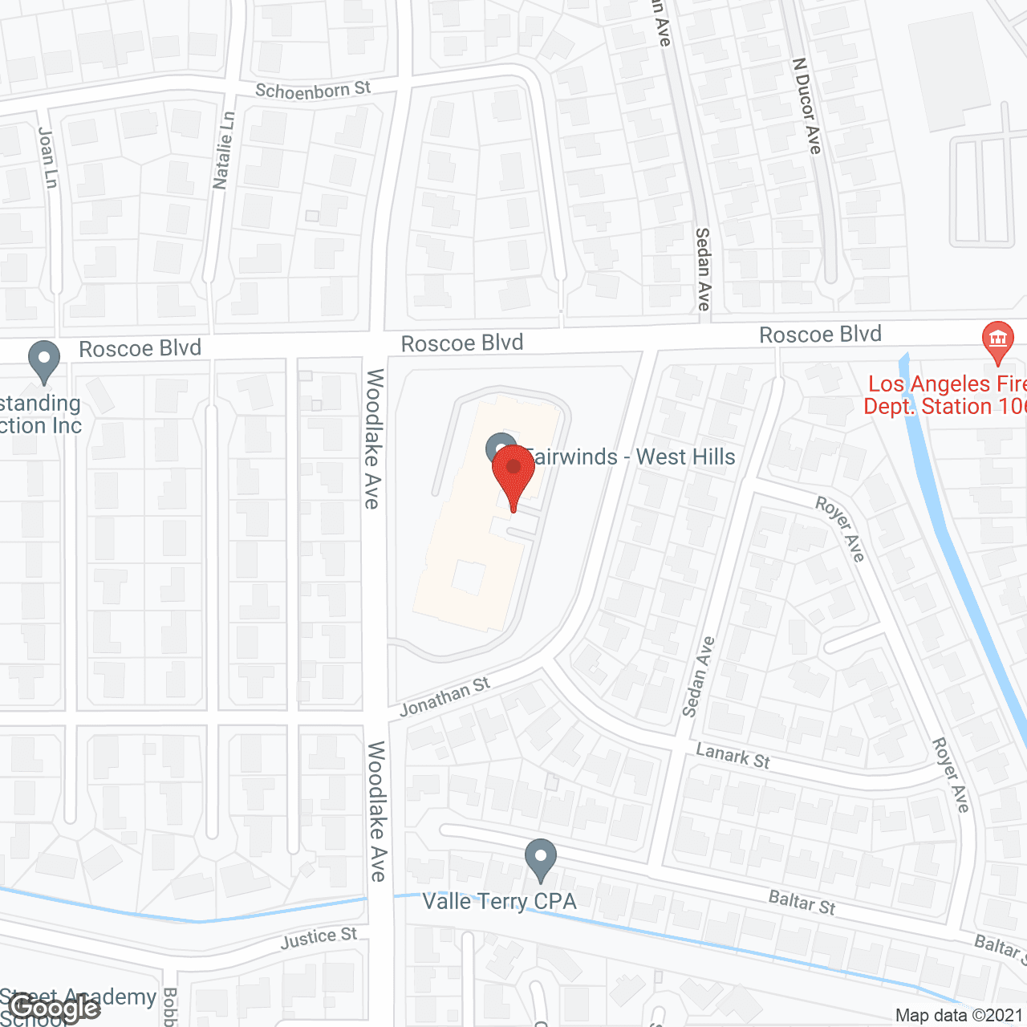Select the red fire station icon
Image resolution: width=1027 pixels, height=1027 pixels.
[998, 341]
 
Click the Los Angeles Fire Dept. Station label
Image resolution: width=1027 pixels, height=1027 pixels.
[944, 396]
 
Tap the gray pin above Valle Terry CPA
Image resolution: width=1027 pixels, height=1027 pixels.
[541, 859]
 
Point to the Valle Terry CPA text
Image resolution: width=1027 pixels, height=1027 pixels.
[499, 902]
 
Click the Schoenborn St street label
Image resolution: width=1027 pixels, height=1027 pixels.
[313, 90]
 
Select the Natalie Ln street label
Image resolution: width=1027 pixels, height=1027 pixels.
[224, 150]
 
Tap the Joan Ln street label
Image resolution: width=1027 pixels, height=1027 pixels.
[48, 158]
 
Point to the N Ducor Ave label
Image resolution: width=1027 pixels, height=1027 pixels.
[806, 105]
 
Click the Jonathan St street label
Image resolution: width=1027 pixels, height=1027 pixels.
[444, 696]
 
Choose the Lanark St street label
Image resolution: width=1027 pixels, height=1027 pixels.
[733, 756]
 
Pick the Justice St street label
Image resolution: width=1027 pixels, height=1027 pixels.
[319, 938]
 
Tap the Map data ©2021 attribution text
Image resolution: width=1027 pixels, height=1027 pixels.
[959, 1016]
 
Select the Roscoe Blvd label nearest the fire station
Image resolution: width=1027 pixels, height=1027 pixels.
[820, 335]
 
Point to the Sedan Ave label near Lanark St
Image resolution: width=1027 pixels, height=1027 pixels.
[697, 676]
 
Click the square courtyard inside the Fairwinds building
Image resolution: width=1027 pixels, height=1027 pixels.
[469, 577]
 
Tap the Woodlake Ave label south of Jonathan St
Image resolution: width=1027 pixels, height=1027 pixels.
[377, 810]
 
